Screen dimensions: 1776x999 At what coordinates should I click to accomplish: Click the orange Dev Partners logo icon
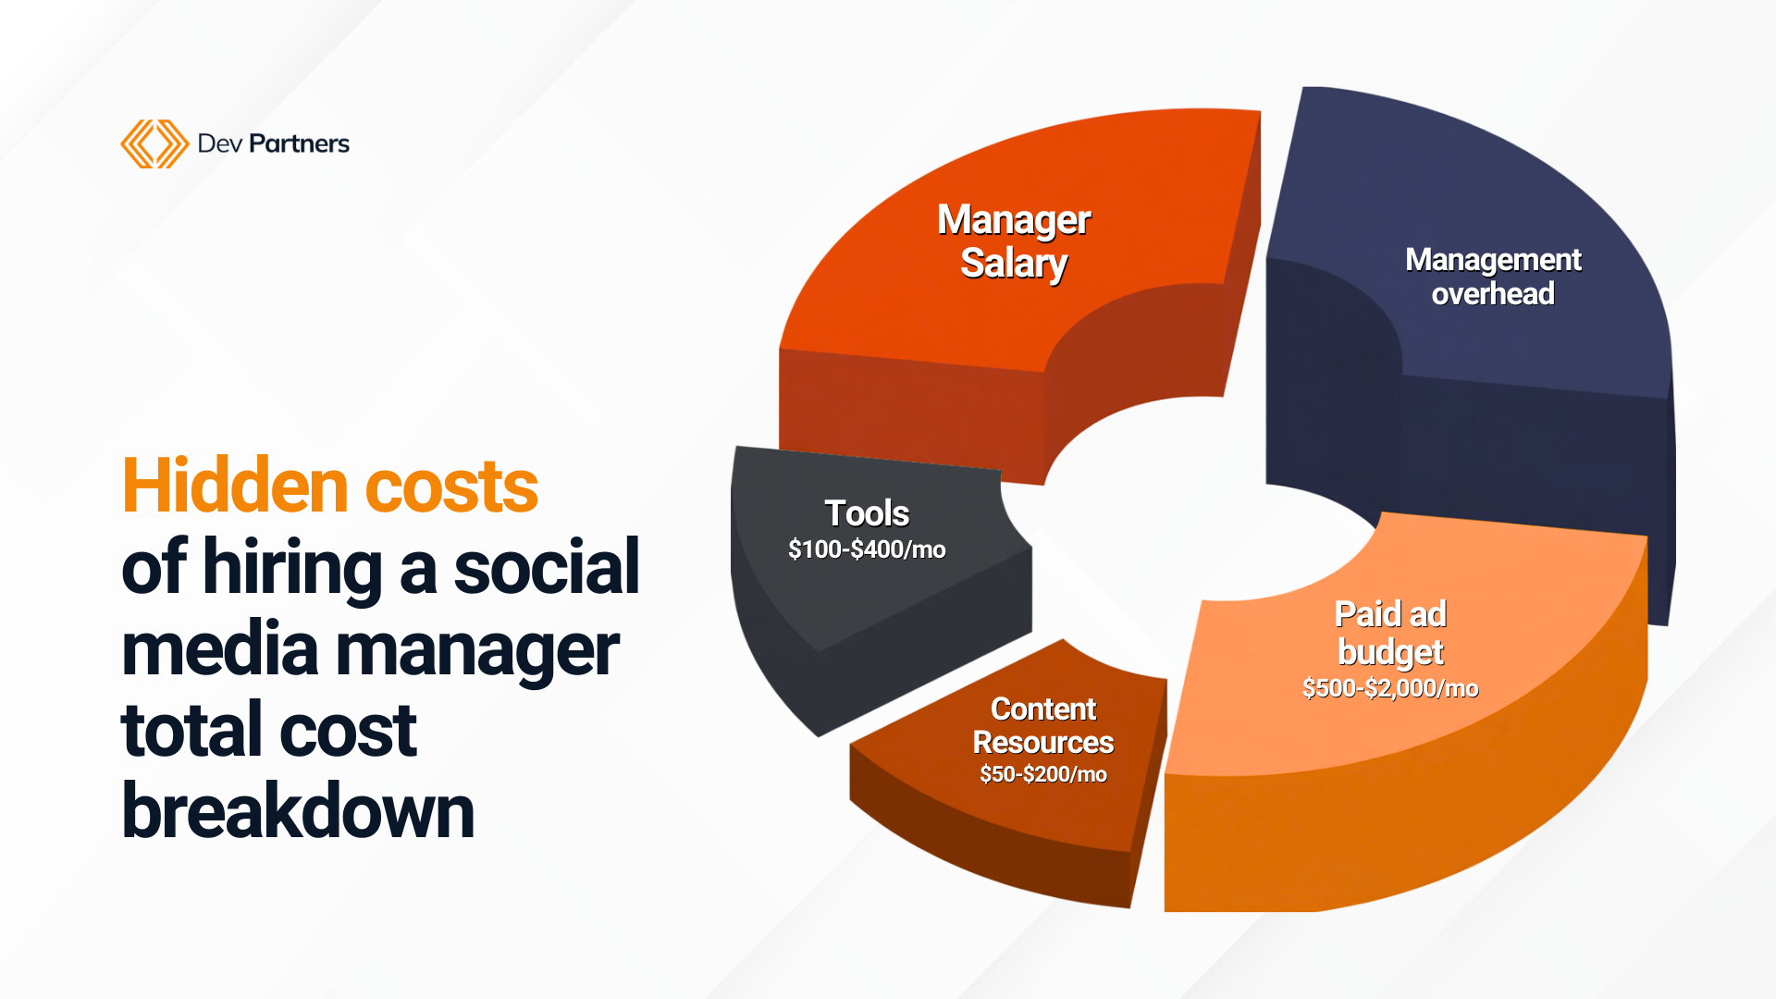point(154,143)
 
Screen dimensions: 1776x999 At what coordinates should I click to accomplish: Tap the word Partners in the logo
point(299,143)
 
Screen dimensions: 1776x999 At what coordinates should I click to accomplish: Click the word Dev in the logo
point(219,143)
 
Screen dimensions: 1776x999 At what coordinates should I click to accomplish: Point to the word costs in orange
point(451,487)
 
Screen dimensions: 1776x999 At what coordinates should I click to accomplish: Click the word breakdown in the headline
point(298,810)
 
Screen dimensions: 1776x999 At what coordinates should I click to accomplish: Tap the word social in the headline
point(546,566)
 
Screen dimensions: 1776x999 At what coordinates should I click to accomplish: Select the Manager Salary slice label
point(1014,241)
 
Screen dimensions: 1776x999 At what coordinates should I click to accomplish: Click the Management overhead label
point(1493,277)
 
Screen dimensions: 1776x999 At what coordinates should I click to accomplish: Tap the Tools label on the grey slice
point(867,513)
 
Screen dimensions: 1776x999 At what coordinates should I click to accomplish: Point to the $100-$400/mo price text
point(867,549)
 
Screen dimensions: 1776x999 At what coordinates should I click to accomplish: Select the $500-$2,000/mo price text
point(1390,688)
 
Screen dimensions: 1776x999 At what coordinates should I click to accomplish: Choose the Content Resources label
point(1043,725)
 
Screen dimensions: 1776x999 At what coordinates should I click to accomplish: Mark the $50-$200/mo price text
point(1043,774)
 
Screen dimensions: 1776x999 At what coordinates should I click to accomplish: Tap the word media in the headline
point(220,648)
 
